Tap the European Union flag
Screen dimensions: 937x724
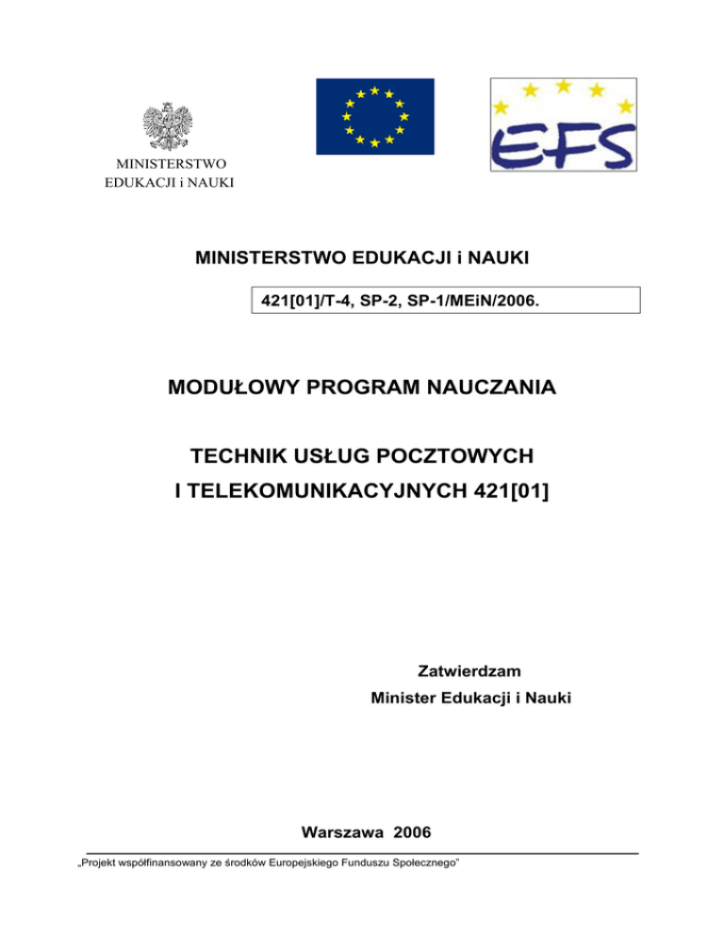pos(374,116)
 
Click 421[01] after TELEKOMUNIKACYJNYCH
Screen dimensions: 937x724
pos(511,490)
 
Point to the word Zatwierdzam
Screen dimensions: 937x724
pos(469,671)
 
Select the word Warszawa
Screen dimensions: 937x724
pos(342,832)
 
